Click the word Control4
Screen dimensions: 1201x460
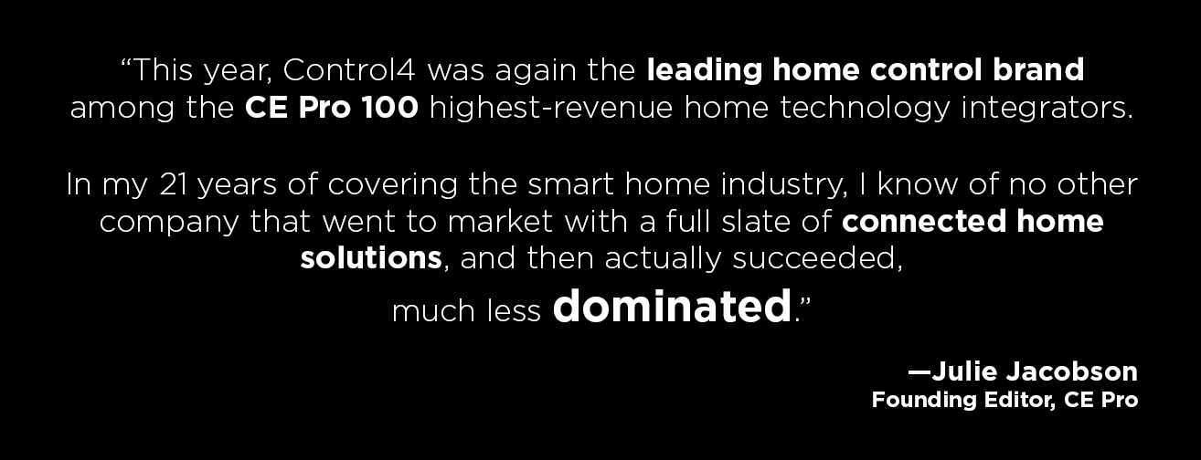coord(349,70)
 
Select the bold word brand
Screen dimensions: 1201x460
coord(1038,70)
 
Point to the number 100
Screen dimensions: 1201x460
coord(389,108)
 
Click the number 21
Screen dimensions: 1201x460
coord(173,184)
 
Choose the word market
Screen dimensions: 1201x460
coord(500,222)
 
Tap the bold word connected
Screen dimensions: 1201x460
coord(924,222)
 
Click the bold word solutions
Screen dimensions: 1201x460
coord(371,257)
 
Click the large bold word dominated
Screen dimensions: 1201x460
coord(672,306)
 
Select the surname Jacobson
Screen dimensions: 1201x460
coord(1071,371)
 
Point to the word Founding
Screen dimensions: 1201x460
coord(924,401)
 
